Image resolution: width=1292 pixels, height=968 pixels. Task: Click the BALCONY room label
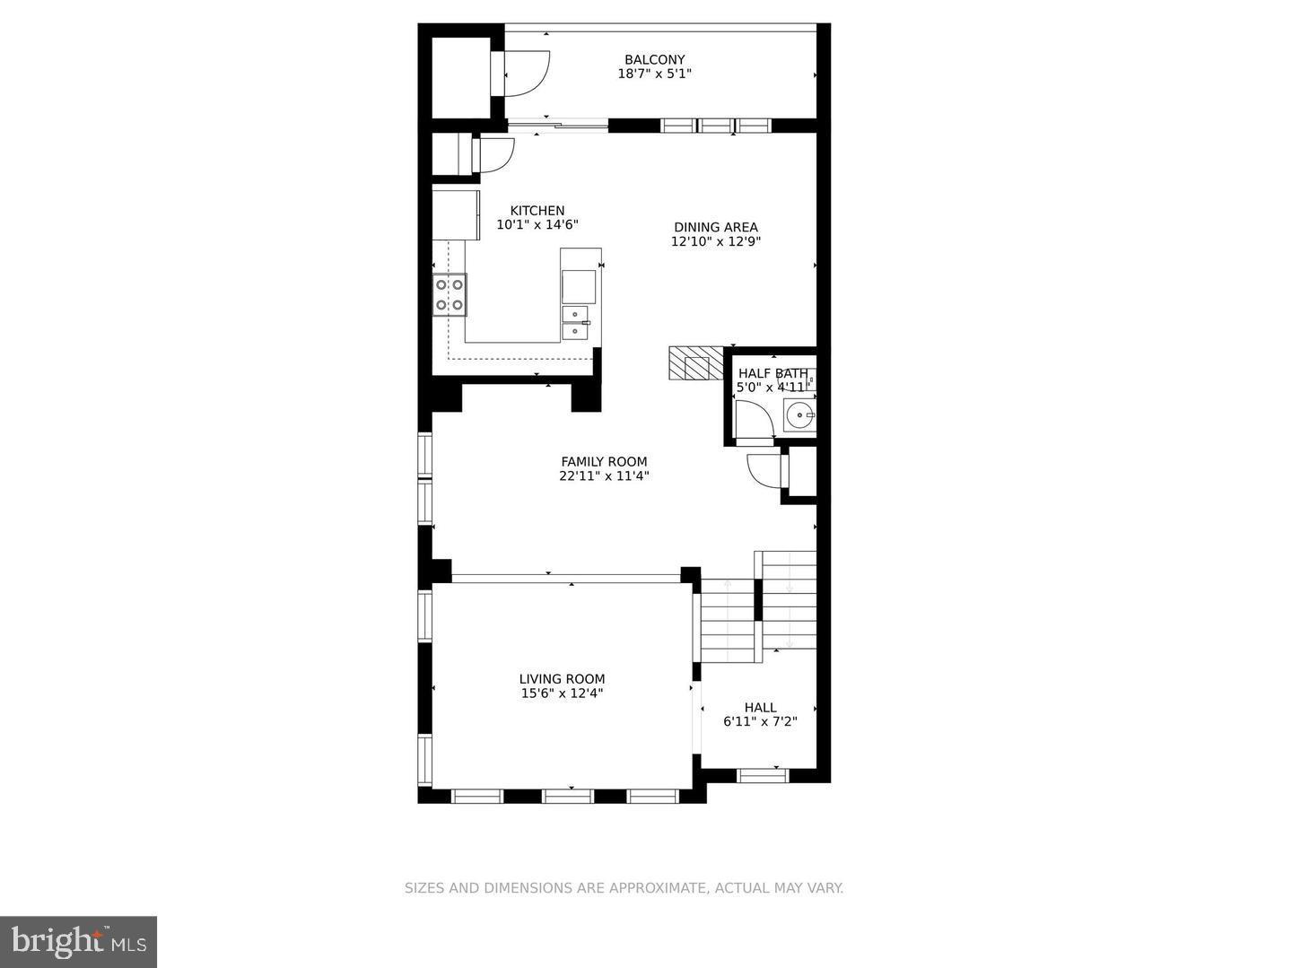(x=654, y=60)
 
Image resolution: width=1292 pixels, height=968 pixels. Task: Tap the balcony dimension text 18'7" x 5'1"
(x=654, y=74)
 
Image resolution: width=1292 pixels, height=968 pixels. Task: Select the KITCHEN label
(x=537, y=211)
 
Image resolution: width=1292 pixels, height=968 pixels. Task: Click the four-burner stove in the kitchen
(x=450, y=294)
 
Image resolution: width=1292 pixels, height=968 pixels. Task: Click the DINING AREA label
(x=716, y=227)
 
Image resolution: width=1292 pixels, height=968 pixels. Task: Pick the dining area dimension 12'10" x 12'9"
(x=716, y=241)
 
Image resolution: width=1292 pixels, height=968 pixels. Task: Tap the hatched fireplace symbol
(x=695, y=363)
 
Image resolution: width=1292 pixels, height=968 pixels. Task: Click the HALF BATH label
(x=773, y=373)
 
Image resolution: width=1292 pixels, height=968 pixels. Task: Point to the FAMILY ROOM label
(x=604, y=462)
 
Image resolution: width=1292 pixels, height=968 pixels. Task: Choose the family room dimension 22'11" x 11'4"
(x=604, y=476)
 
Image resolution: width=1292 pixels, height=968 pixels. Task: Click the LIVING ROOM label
(x=562, y=679)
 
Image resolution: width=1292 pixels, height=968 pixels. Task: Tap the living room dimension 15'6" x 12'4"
(x=562, y=693)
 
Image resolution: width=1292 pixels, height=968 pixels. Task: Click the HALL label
(x=760, y=708)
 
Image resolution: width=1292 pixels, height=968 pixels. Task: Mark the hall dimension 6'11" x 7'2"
(x=760, y=721)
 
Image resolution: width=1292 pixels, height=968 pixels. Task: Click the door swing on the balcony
(x=526, y=72)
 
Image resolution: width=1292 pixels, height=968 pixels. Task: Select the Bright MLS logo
(x=78, y=941)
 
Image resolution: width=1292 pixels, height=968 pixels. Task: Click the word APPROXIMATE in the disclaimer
(x=657, y=888)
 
